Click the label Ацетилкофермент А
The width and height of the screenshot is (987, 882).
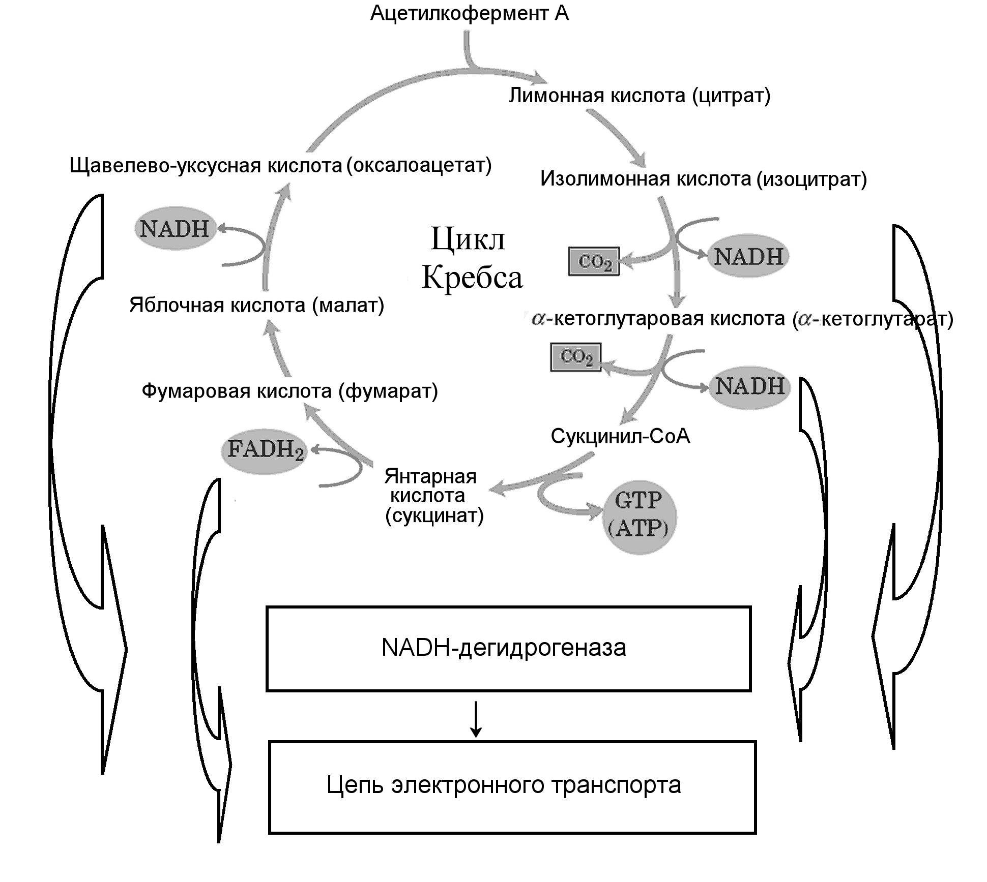click(x=469, y=14)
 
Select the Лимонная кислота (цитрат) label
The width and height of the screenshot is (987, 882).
click(x=640, y=96)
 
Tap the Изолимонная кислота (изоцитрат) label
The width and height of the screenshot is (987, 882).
click(x=703, y=179)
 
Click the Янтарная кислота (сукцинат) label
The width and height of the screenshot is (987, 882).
click(x=433, y=496)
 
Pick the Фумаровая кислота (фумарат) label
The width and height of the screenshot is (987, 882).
click(x=289, y=391)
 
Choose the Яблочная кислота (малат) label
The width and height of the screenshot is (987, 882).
click(x=256, y=306)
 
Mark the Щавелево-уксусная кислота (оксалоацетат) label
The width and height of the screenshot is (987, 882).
click(x=280, y=166)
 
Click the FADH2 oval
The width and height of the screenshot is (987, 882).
click(x=265, y=450)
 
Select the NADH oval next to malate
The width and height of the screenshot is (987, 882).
click(x=175, y=229)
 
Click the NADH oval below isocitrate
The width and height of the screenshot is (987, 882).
click(x=748, y=256)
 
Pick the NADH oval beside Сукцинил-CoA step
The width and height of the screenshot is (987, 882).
click(x=749, y=386)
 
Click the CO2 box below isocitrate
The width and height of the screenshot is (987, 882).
click(x=594, y=262)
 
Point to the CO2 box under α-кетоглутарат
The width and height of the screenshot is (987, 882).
click(x=576, y=357)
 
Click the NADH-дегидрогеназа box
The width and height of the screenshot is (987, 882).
click(x=508, y=649)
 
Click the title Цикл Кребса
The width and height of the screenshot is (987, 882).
click(x=471, y=258)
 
